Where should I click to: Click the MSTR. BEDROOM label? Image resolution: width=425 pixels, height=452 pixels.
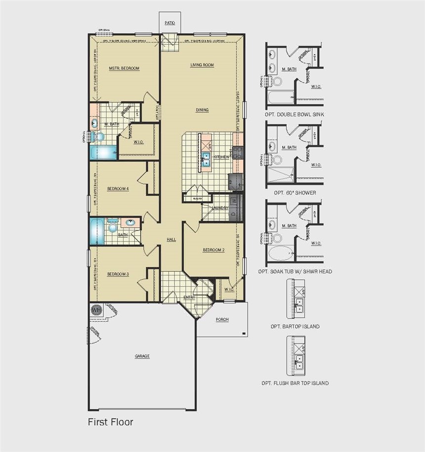[124, 68]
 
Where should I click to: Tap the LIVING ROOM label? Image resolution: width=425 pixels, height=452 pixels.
[202, 65]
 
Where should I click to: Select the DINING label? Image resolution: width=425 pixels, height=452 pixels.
[202, 110]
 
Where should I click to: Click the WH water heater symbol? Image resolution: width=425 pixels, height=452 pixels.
[96, 310]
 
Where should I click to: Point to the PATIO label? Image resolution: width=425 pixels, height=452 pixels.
[170, 23]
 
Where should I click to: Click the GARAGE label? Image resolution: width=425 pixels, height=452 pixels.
[142, 356]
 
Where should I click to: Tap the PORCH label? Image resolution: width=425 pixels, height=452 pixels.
[222, 319]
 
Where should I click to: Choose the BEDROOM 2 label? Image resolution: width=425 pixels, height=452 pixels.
[213, 250]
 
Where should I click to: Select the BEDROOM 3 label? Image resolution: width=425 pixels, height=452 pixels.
[118, 274]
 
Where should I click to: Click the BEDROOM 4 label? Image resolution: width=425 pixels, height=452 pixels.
[118, 189]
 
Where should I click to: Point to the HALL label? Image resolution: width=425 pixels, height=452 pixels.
[171, 240]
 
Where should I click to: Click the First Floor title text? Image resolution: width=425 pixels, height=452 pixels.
[110, 422]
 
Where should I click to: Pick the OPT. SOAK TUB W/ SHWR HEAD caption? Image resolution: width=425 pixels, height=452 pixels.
[295, 271]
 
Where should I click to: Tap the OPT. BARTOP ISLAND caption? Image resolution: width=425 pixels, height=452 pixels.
[295, 327]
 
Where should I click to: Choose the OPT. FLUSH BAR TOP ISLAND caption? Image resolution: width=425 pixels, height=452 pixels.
[295, 383]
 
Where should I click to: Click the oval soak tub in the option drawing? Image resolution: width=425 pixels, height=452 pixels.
[280, 253]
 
